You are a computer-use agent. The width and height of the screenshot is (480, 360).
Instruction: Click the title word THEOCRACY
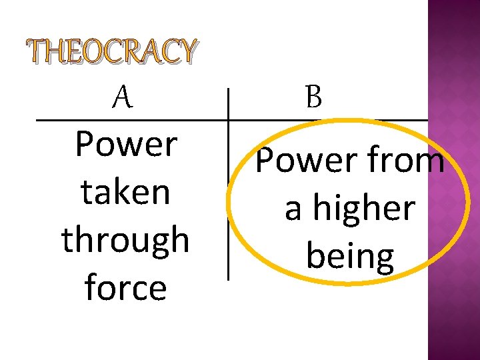click(x=112, y=53)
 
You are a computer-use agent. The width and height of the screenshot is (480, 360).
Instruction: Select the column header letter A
click(x=121, y=99)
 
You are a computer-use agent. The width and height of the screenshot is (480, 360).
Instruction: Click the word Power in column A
click(x=126, y=144)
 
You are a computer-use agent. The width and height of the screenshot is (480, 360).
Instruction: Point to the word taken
click(x=125, y=192)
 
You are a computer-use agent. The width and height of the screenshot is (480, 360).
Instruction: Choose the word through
click(x=125, y=241)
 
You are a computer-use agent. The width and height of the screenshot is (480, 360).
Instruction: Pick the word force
click(x=125, y=288)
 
